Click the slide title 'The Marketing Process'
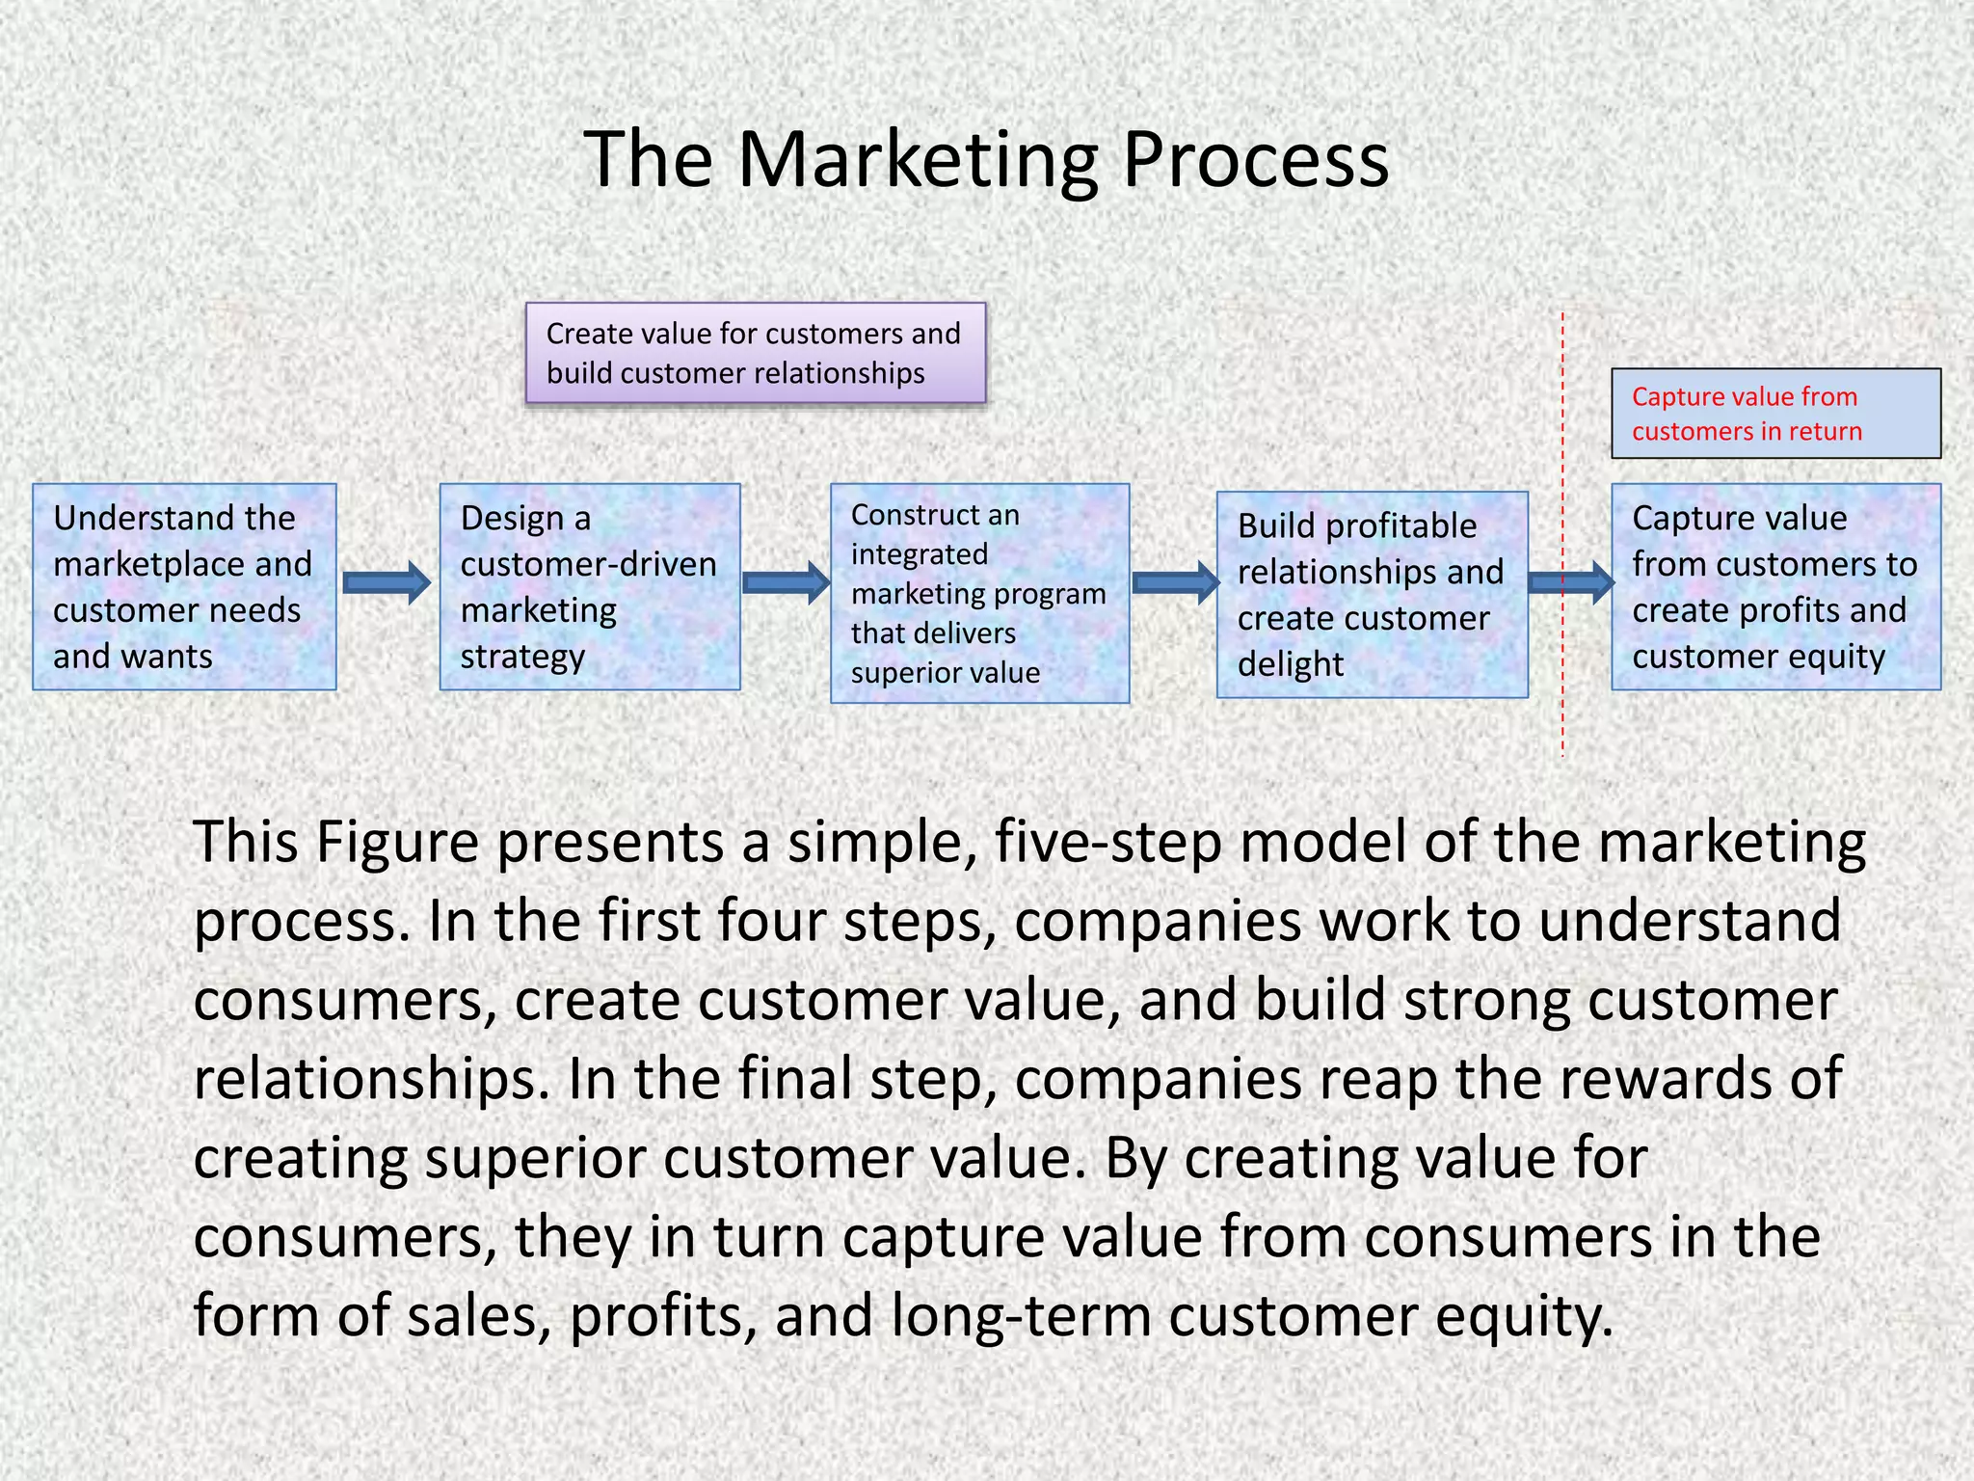tap(986, 159)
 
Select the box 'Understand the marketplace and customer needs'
tap(184, 586)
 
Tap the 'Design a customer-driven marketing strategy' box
tap(590, 586)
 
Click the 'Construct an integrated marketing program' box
tap(979, 593)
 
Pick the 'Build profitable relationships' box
tap(1372, 594)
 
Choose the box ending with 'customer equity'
tap(1775, 586)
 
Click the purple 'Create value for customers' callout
tap(756, 353)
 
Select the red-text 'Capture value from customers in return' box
tap(1775, 414)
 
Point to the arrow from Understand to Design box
tap(387, 582)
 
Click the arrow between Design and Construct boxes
tap(786, 582)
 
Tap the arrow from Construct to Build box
tap(1175, 582)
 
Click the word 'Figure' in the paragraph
tap(397, 842)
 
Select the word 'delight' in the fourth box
tap(1291, 664)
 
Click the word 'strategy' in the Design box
tap(522, 657)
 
